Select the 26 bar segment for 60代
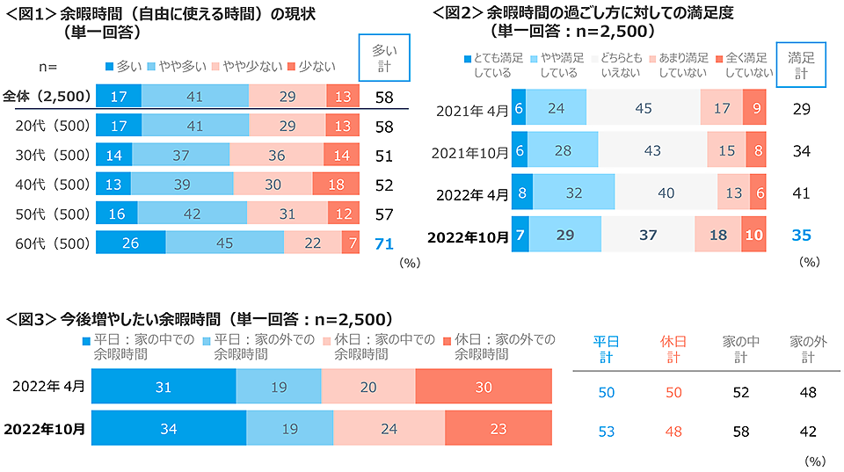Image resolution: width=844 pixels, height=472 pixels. click(130, 243)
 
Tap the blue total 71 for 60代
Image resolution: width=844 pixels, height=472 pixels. click(383, 243)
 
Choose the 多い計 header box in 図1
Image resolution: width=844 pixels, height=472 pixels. click(383, 61)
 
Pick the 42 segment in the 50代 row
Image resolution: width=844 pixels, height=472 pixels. click(193, 214)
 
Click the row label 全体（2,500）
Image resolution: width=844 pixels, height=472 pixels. click(47, 96)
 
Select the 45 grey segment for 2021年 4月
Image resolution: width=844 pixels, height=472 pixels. click(643, 108)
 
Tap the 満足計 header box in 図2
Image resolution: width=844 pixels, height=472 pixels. click(801, 65)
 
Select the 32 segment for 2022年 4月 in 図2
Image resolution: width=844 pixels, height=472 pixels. click(573, 193)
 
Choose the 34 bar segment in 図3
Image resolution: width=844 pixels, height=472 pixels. click(169, 429)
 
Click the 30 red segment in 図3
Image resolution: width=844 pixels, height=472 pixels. click(483, 387)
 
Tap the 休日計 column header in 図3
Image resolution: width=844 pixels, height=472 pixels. click(672, 349)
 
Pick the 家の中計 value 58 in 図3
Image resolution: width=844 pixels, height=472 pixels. click(740, 431)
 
